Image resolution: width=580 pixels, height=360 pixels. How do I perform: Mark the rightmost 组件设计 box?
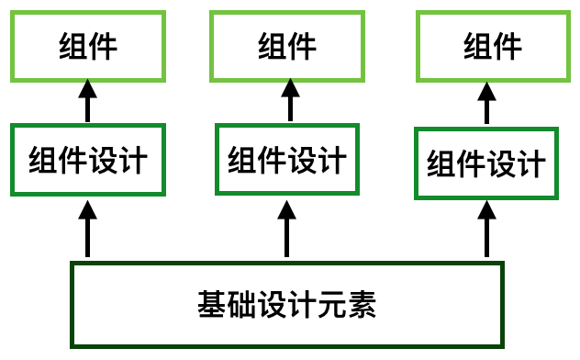pos(486,163)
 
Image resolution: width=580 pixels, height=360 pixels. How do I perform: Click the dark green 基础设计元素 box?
pos(287,302)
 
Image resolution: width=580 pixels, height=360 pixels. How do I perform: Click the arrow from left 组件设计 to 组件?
pos(88,101)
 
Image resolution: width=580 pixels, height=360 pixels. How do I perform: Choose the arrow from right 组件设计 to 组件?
pos(486,103)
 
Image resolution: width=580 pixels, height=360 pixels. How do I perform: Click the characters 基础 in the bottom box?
pos(227,303)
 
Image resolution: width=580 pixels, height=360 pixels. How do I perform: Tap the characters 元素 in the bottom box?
pos(347,303)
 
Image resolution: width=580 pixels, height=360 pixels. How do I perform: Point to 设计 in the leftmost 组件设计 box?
pos(117,160)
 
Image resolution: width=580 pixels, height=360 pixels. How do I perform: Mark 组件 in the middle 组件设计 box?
pos(257,160)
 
